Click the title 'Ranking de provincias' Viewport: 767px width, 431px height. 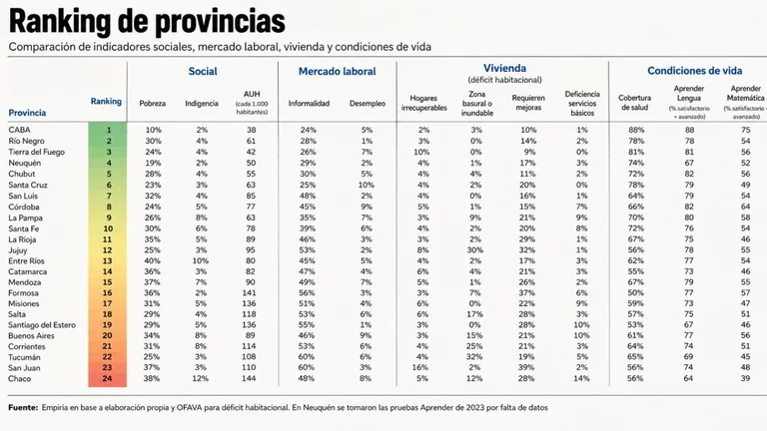click(147, 21)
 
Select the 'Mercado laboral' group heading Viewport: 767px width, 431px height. click(337, 72)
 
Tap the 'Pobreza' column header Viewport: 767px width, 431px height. click(153, 103)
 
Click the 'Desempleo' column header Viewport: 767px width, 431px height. click(368, 103)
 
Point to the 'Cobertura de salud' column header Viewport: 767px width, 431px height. click(635, 103)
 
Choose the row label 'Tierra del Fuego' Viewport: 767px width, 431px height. click(36, 152)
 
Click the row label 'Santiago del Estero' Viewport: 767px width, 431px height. click(42, 325)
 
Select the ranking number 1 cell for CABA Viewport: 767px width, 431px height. click(108, 130)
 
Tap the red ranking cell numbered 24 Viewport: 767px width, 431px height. click(107, 379)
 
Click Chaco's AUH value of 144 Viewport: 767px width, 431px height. click(249, 379)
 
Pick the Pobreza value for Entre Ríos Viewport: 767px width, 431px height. click(152, 261)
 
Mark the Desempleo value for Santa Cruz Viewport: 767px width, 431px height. click(366, 186)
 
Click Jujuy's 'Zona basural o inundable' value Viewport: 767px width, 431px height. click(475, 250)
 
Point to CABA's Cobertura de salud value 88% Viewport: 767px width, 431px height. click(636, 130)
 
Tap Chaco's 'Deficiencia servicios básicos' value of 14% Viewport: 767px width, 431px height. click(581, 379)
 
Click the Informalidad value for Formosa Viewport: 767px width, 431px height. click(307, 293)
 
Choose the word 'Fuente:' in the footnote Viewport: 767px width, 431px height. click(23, 407)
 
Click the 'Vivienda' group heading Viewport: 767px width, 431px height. click(504, 69)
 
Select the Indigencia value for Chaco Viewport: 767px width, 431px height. click(200, 379)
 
